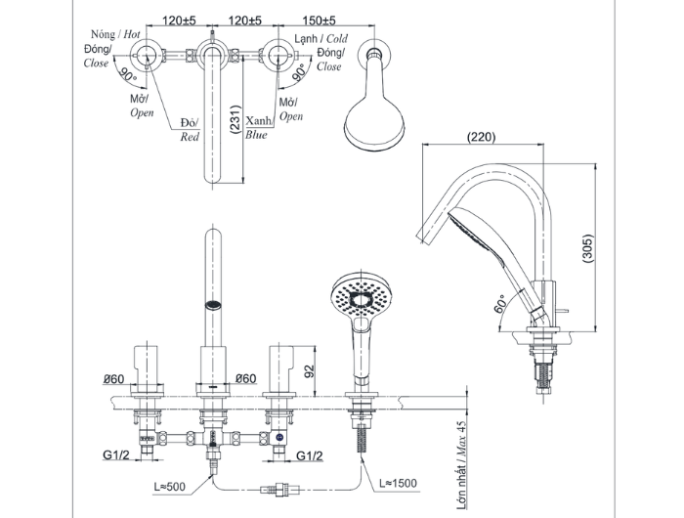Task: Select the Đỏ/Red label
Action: pyautogui.click(x=190, y=130)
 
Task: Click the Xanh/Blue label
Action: pyautogui.click(x=260, y=127)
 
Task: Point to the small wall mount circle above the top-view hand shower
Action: pyautogui.click(x=373, y=57)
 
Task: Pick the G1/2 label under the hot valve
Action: pyautogui.click(x=119, y=454)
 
